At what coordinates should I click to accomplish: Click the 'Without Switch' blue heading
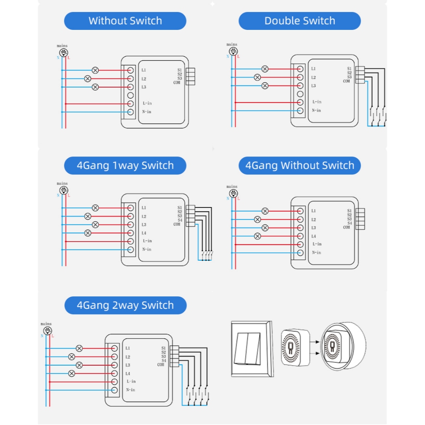125,21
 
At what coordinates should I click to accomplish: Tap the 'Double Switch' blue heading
300,21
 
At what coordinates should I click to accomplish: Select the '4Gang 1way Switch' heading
125,166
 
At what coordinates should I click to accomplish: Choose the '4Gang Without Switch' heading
300,166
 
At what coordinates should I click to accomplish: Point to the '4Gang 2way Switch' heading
125,305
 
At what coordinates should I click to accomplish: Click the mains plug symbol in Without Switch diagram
64,53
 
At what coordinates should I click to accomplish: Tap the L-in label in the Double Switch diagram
317,102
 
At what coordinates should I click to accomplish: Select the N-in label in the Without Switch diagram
147,112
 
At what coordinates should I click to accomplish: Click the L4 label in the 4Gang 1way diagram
144,233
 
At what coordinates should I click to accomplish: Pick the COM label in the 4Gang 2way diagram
161,365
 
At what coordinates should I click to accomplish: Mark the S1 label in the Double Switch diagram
349,69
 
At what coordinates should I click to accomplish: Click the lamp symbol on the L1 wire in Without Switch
95,70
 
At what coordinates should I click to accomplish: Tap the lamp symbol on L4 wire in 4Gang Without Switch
257,236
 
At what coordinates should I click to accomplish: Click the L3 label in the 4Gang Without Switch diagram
314,228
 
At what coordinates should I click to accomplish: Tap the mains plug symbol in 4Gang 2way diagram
47,331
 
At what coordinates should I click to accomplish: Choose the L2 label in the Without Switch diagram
144,79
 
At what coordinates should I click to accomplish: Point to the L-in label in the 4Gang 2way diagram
131,381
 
